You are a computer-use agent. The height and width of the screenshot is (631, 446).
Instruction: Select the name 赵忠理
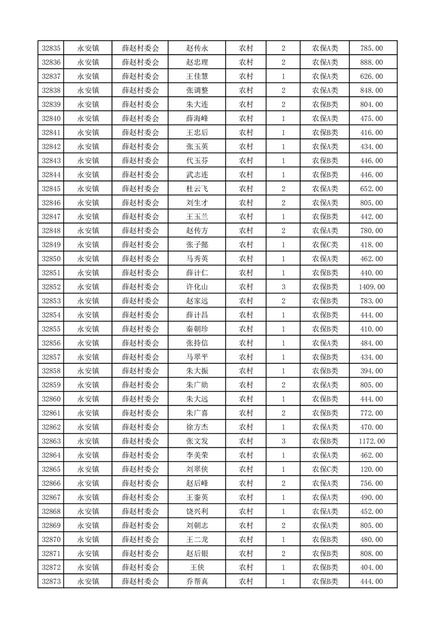point(197,62)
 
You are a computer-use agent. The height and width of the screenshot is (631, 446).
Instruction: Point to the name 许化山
point(197,287)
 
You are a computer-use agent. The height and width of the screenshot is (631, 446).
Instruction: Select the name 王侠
point(197,567)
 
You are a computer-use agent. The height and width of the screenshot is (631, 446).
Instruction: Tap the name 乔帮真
point(197,582)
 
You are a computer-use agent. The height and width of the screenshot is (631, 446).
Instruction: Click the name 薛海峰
point(197,119)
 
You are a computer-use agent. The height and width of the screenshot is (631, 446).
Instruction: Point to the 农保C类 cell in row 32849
point(325,245)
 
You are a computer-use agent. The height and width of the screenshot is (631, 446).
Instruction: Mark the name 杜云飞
point(197,188)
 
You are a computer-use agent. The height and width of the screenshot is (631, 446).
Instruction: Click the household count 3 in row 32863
point(283,441)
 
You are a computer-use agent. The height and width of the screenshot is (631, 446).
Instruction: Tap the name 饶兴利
point(197,511)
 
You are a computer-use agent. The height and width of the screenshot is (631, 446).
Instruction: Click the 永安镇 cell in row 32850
point(88,259)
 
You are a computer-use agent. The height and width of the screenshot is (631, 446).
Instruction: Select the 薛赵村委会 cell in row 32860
point(141,399)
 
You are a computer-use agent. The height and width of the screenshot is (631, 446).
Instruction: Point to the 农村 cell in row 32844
point(246,174)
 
